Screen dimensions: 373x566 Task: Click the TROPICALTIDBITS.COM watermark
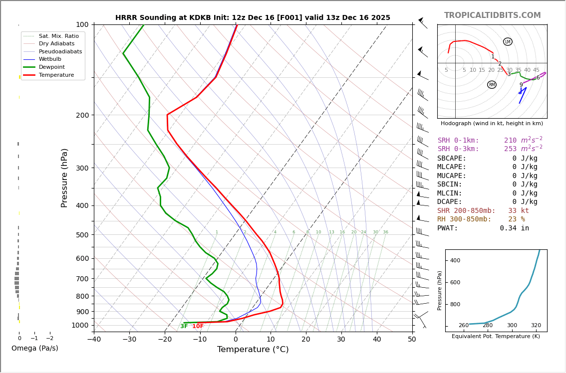[x=492, y=15]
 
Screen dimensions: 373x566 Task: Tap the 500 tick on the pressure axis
[x=82, y=235]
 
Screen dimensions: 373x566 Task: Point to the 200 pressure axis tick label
[x=82, y=115]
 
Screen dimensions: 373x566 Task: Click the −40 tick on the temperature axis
[x=94, y=339]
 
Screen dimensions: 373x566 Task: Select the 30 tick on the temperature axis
[x=341, y=339]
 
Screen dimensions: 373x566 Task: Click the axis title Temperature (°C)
[x=253, y=350]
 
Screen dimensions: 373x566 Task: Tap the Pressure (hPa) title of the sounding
[x=65, y=178]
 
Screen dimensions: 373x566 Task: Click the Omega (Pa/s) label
[x=34, y=348]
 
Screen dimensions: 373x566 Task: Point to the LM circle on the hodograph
[x=508, y=42]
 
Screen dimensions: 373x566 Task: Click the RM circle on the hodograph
[x=492, y=85]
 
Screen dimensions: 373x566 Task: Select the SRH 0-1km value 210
[x=510, y=141]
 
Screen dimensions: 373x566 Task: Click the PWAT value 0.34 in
[x=514, y=228]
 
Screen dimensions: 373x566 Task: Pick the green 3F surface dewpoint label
[x=184, y=327]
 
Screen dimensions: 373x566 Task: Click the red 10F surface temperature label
[x=198, y=327]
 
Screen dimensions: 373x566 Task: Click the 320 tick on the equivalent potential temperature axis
[x=536, y=326]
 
